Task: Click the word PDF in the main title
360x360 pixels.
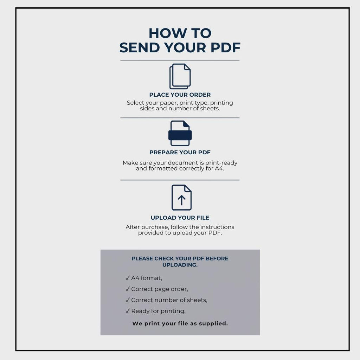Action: pyautogui.click(x=225, y=47)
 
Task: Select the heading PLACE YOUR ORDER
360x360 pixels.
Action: pyautogui.click(x=180, y=95)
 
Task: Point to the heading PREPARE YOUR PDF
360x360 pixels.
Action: pyautogui.click(x=180, y=152)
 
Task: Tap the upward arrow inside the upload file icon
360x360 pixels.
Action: pyautogui.click(x=182, y=200)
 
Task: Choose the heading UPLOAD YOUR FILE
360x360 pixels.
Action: pyautogui.click(x=180, y=218)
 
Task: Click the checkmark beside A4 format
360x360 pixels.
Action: pyautogui.click(x=128, y=278)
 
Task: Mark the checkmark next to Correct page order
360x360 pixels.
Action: pyautogui.click(x=128, y=289)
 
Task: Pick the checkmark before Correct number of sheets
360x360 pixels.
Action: pyautogui.click(x=128, y=300)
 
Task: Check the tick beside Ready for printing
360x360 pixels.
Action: pyautogui.click(x=128, y=311)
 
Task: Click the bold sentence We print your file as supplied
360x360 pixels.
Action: pyautogui.click(x=180, y=323)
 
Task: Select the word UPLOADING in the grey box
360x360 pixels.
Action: pyautogui.click(x=180, y=265)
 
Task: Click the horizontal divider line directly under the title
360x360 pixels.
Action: pyautogui.click(x=180, y=60)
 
